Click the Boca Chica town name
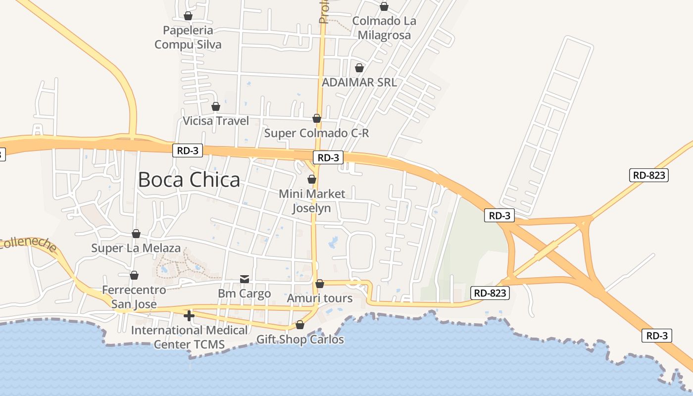[189, 180]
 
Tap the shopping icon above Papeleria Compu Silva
[188, 16]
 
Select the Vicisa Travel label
[216, 121]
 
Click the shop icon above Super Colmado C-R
[317, 118]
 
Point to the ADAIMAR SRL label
[359, 82]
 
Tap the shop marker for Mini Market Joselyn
[312, 179]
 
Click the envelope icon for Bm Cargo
[245, 279]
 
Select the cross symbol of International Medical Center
[189, 316]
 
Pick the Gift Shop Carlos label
[300, 340]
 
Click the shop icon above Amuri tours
[320, 284]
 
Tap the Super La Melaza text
[136, 248]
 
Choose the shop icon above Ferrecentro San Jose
[134, 275]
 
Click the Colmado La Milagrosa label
[384, 28]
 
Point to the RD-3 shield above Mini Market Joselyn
[328, 158]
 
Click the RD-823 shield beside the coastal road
[490, 293]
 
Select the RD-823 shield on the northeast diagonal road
[649, 175]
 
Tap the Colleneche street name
[29, 244]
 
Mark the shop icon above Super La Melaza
[136, 234]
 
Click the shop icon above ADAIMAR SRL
[359, 68]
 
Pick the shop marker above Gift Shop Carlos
[300, 325]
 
